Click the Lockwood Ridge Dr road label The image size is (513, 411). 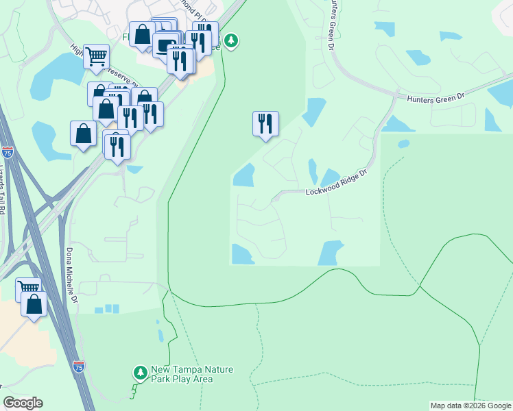pyautogui.click(x=337, y=184)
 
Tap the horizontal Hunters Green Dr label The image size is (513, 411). pyautogui.click(x=436, y=97)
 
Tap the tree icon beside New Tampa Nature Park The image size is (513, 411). pyautogui.click(x=141, y=373)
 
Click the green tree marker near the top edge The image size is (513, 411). pyautogui.click(x=232, y=41)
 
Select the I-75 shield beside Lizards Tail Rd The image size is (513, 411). pyautogui.click(x=7, y=151)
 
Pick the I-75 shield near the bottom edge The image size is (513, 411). pyautogui.click(x=80, y=367)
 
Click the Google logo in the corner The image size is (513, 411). pyautogui.click(x=23, y=403)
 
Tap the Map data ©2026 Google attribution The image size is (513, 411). pyautogui.click(x=470, y=406)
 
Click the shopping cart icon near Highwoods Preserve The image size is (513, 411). pyautogui.click(x=96, y=56)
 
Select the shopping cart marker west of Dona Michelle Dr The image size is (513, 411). pyautogui.click(x=28, y=288)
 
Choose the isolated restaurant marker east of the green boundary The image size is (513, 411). pyautogui.click(x=265, y=123)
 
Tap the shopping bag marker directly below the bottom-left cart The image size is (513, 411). pyautogui.click(x=34, y=303)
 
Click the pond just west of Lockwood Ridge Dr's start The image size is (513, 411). pyautogui.click(x=243, y=176)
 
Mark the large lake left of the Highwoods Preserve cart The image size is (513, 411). pyautogui.click(x=55, y=75)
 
